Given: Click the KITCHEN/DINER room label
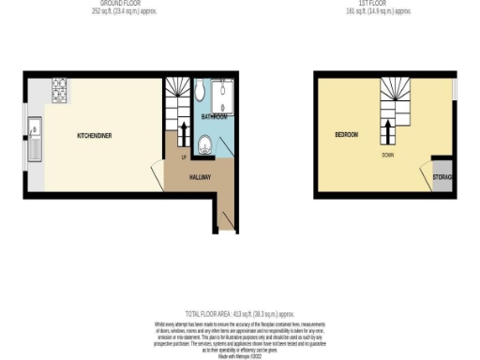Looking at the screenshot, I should [x=94, y=136].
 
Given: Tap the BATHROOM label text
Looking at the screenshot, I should [x=214, y=117].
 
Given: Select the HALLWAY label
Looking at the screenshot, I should [x=200, y=176].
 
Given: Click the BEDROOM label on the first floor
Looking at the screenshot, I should [x=346, y=135].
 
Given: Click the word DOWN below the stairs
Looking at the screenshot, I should [x=387, y=154].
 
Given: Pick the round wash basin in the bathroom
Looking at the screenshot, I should [x=205, y=144].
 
